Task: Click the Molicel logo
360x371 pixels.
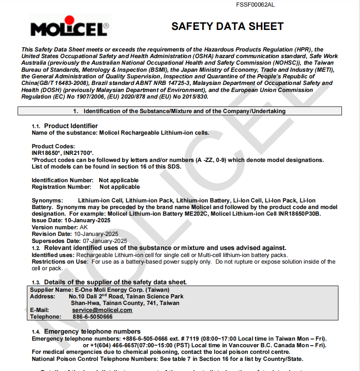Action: (70, 27)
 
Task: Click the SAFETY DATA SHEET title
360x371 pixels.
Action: (227, 26)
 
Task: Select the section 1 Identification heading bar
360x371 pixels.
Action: (180, 111)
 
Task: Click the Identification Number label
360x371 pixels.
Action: (62, 180)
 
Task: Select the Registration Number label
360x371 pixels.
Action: (61, 187)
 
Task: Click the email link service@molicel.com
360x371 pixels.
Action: (102, 310)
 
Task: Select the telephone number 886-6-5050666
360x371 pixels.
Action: (93, 316)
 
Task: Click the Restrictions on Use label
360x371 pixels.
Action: (59, 261)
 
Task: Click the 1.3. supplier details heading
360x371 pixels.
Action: (115, 282)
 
